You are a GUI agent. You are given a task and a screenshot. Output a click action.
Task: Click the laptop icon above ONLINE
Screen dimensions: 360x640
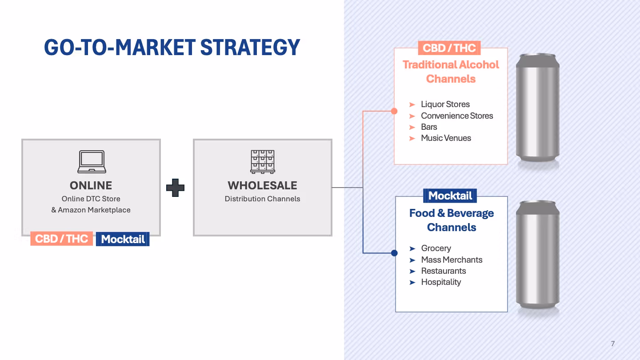[x=92, y=161]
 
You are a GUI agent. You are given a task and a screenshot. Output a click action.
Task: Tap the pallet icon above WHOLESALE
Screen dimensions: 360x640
[x=262, y=161]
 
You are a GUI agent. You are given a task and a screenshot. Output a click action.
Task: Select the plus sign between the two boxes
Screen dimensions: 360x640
[x=176, y=188]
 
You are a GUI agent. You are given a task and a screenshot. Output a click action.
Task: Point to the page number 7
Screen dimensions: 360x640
[x=613, y=344]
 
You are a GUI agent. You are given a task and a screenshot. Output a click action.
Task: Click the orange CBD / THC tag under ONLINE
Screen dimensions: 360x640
[x=62, y=239]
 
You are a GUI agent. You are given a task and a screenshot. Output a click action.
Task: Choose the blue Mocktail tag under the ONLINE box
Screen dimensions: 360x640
[x=123, y=239]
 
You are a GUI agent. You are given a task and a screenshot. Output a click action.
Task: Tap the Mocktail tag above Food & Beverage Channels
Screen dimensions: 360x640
[x=450, y=196]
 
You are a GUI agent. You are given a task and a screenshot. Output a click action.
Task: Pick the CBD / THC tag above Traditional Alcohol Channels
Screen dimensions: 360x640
[x=449, y=48]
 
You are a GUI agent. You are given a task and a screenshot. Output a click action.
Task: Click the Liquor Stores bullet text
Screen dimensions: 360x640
[x=445, y=104]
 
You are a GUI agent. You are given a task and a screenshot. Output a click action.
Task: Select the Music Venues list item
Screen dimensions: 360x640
[x=446, y=138]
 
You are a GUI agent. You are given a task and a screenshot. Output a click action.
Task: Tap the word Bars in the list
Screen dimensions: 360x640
[x=429, y=127]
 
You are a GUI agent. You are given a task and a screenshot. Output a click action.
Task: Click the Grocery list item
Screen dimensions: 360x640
[x=436, y=248]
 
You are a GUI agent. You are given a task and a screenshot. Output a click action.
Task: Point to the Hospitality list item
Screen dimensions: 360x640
[x=441, y=282]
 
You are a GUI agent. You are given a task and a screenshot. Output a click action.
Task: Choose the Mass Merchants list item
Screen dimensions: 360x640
[x=452, y=260]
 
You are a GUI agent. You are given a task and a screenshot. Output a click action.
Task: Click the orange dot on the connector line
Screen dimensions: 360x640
[x=394, y=111]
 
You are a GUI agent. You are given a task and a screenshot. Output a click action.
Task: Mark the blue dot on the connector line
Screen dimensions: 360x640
[x=394, y=253]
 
